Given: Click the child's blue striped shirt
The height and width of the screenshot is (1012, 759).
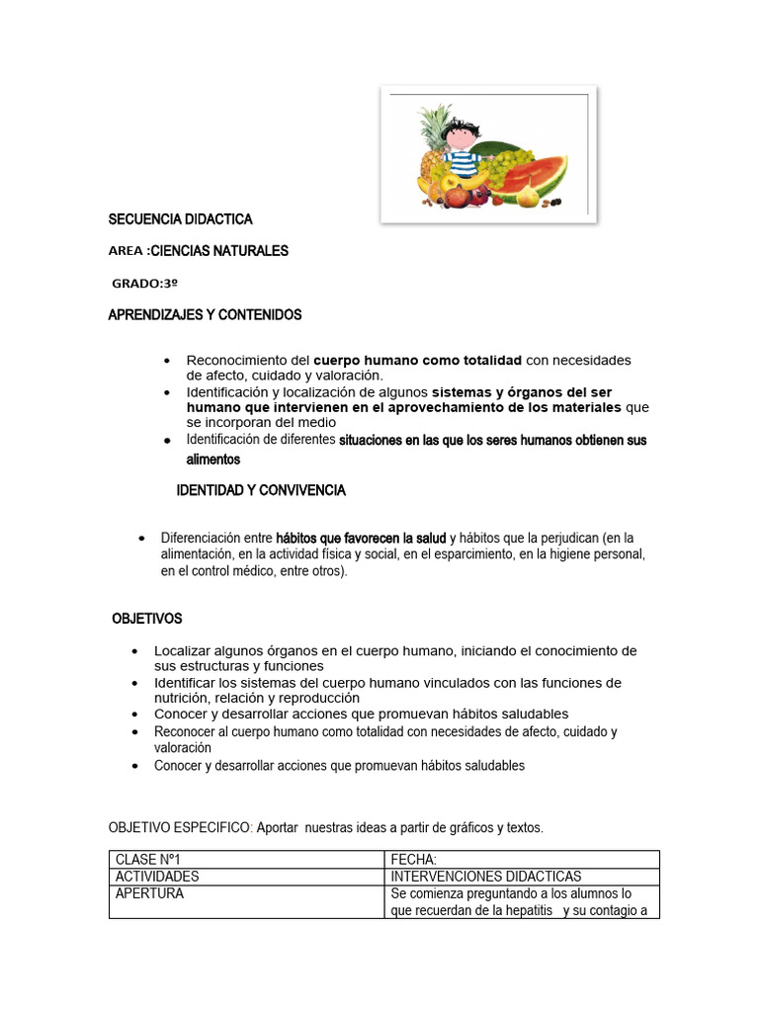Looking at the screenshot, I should click(462, 160).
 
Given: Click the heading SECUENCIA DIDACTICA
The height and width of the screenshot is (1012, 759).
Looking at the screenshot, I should click(180, 219).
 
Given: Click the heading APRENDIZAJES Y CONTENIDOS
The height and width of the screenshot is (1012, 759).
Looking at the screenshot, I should click(205, 314).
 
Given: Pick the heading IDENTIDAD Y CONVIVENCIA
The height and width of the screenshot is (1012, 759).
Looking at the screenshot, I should click(260, 490).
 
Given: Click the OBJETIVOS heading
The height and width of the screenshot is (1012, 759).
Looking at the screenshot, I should click(147, 619).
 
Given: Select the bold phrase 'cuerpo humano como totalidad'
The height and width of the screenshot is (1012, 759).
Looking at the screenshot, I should click(418, 360).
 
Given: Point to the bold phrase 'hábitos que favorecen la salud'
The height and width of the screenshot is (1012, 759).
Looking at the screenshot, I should click(361, 538).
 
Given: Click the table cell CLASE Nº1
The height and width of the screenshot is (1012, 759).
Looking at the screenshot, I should click(148, 860).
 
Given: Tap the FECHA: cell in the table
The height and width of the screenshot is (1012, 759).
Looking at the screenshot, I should click(414, 860).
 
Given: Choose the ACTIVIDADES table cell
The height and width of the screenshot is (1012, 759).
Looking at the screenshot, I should click(157, 877).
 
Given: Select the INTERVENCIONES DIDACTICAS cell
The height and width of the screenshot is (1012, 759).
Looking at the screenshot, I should click(486, 877).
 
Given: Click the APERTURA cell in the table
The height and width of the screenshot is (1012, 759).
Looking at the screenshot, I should click(149, 893).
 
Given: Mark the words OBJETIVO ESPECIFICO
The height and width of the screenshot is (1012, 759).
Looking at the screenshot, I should click(180, 826).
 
